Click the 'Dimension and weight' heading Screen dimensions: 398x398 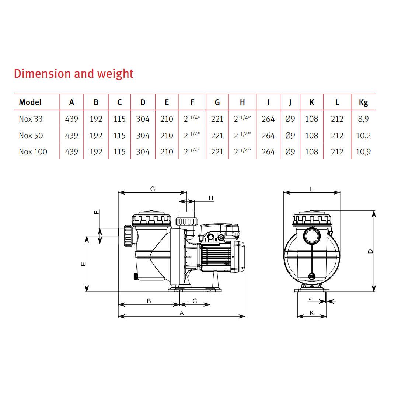(74, 74)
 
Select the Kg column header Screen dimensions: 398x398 (363, 102)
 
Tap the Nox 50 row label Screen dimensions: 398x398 (31, 136)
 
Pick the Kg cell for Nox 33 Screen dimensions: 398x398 (363, 119)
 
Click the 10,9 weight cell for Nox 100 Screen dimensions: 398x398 (363, 152)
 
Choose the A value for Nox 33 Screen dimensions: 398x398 (71, 119)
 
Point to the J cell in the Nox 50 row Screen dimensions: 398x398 (290, 136)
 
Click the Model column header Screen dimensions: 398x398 (30, 102)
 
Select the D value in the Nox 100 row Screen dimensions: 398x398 (143, 152)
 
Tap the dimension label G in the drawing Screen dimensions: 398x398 (153, 189)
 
